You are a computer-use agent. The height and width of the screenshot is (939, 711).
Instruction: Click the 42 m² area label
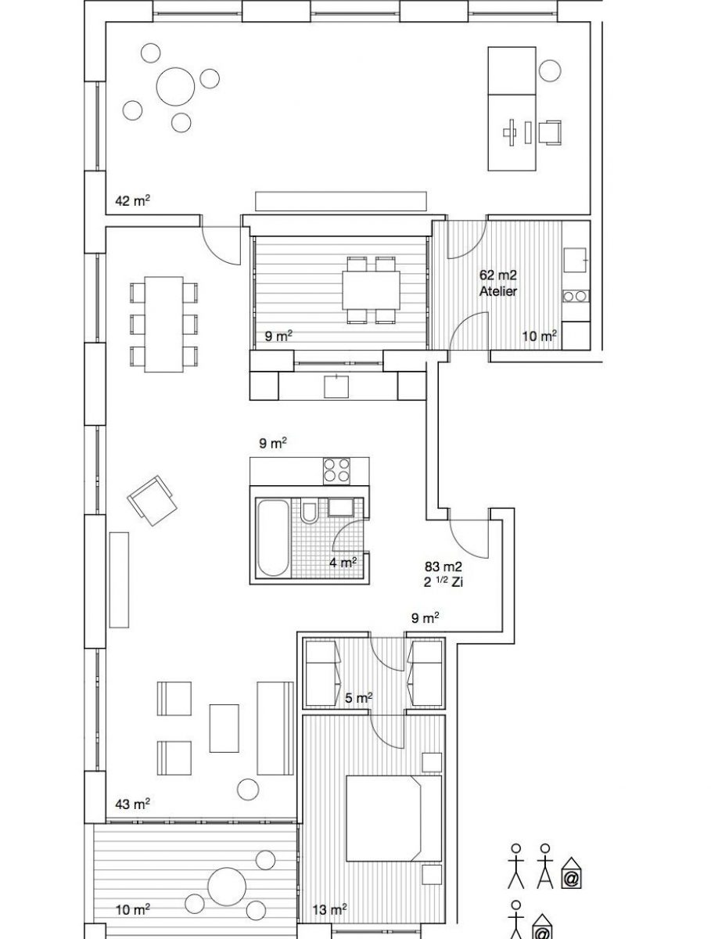point(132,200)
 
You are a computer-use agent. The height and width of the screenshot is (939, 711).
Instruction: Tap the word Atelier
point(498,291)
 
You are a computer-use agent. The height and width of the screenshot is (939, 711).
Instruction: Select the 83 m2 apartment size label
point(443,567)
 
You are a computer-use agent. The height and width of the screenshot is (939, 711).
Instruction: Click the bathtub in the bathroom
point(272,538)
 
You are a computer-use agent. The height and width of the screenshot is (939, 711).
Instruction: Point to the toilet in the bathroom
point(309,510)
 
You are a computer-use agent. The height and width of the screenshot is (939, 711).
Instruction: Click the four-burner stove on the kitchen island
point(336,471)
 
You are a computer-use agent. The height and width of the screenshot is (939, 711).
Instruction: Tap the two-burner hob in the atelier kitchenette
point(576,296)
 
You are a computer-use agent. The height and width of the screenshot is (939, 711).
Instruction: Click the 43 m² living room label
point(132,804)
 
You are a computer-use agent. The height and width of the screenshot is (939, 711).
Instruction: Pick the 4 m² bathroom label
point(343,562)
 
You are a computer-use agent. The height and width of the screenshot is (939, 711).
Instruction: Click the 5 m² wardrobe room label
point(358,698)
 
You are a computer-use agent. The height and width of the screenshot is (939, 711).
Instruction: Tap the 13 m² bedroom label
point(329,919)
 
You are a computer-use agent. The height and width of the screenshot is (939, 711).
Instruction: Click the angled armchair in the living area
point(153,501)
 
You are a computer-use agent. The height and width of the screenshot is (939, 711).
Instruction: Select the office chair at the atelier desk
point(550,132)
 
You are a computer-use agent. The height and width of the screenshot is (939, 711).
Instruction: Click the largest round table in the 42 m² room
point(175,86)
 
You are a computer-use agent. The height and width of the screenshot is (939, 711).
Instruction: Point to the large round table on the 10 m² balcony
point(227,886)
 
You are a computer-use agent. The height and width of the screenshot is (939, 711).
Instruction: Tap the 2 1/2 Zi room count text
point(443,582)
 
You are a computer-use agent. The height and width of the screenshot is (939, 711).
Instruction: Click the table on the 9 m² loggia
point(371,290)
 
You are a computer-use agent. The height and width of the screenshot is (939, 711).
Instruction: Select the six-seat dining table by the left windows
point(164,324)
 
